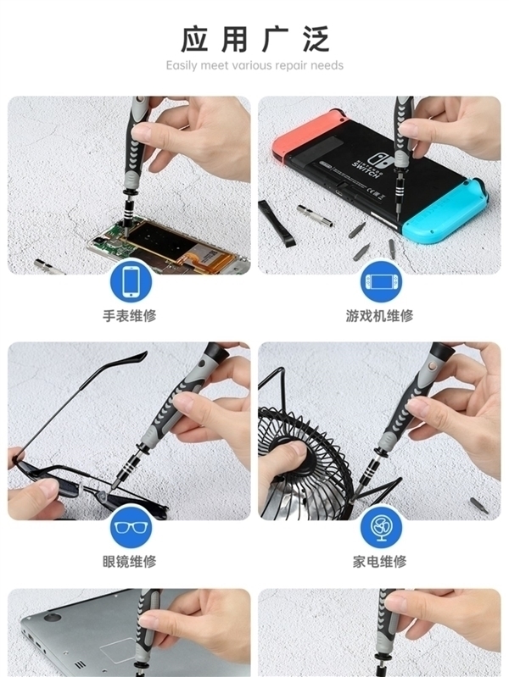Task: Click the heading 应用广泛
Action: coord(255,39)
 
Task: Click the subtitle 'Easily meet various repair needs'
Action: coord(255,65)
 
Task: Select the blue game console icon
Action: coord(379,281)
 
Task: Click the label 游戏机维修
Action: coord(379,316)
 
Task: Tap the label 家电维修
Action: coord(379,562)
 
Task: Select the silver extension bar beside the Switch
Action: coord(315,215)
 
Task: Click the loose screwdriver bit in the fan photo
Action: coord(478,506)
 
